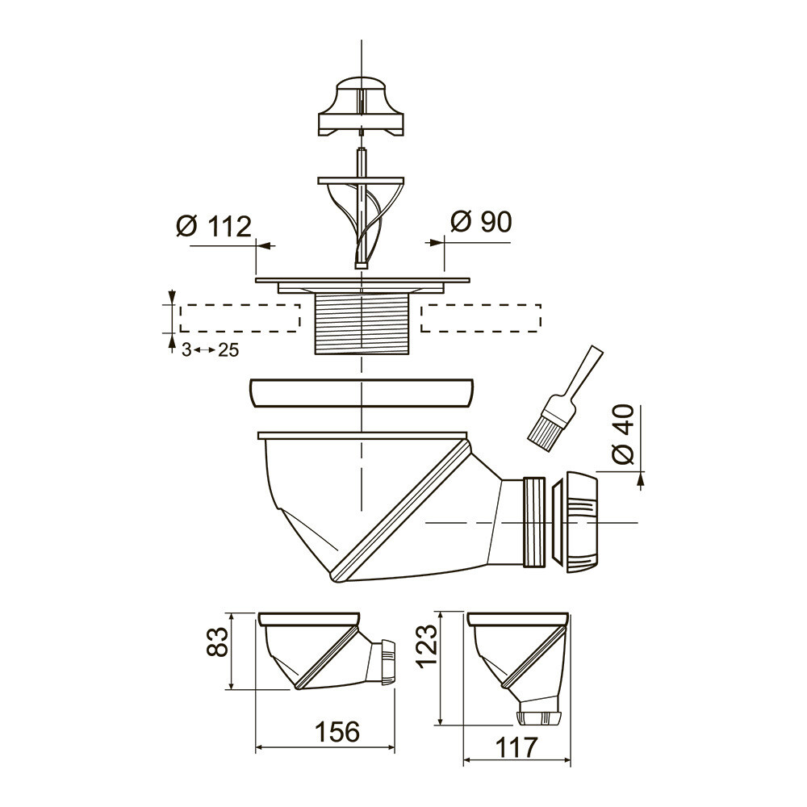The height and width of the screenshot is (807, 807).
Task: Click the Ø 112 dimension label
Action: click(x=214, y=226)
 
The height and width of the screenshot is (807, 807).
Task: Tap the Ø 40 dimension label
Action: click(x=623, y=434)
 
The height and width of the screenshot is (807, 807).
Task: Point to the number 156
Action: click(x=337, y=731)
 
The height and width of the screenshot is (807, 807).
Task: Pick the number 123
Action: click(x=428, y=646)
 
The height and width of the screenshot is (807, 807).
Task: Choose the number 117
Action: click(x=516, y=747)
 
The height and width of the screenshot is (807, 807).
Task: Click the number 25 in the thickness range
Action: click(x=228, y=350)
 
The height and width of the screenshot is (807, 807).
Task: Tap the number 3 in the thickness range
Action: click(x=186, y=350)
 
